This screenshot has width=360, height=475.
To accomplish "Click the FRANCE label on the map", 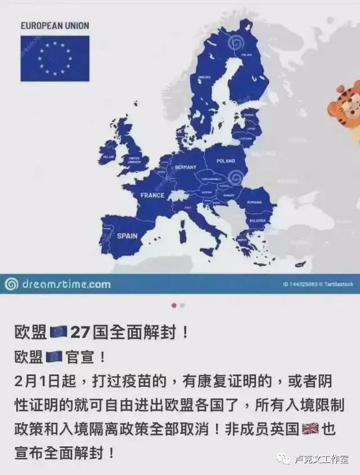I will tap(152, 196).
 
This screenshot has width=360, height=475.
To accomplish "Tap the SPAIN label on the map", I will tap(127, 236).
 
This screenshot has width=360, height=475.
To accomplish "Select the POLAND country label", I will tap(226, 161).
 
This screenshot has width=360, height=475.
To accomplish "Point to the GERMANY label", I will tap(186, 168).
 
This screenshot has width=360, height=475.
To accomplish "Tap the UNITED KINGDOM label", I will tap(134, 160).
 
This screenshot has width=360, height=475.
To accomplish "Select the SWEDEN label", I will tap(205, 77).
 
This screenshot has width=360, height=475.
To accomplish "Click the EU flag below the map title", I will tap(55, 58).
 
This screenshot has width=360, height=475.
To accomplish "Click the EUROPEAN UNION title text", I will tap(55, 26).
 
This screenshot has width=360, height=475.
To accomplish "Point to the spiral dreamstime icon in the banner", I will tap(11, 284).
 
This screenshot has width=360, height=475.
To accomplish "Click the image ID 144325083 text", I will tap(301, 284).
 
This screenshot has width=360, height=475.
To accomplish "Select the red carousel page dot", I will tap(174, 305).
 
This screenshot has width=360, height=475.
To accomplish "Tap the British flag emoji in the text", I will tap(310, 429).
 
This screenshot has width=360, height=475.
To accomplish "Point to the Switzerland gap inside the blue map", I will tap(178, 194).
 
